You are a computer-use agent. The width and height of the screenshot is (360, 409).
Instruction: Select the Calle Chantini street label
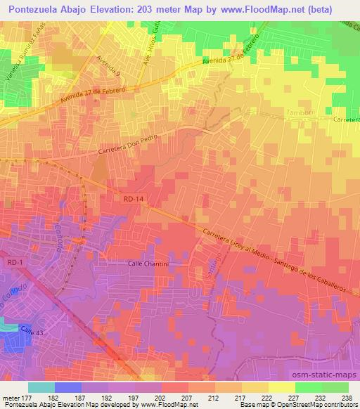[x=148, y=264]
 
